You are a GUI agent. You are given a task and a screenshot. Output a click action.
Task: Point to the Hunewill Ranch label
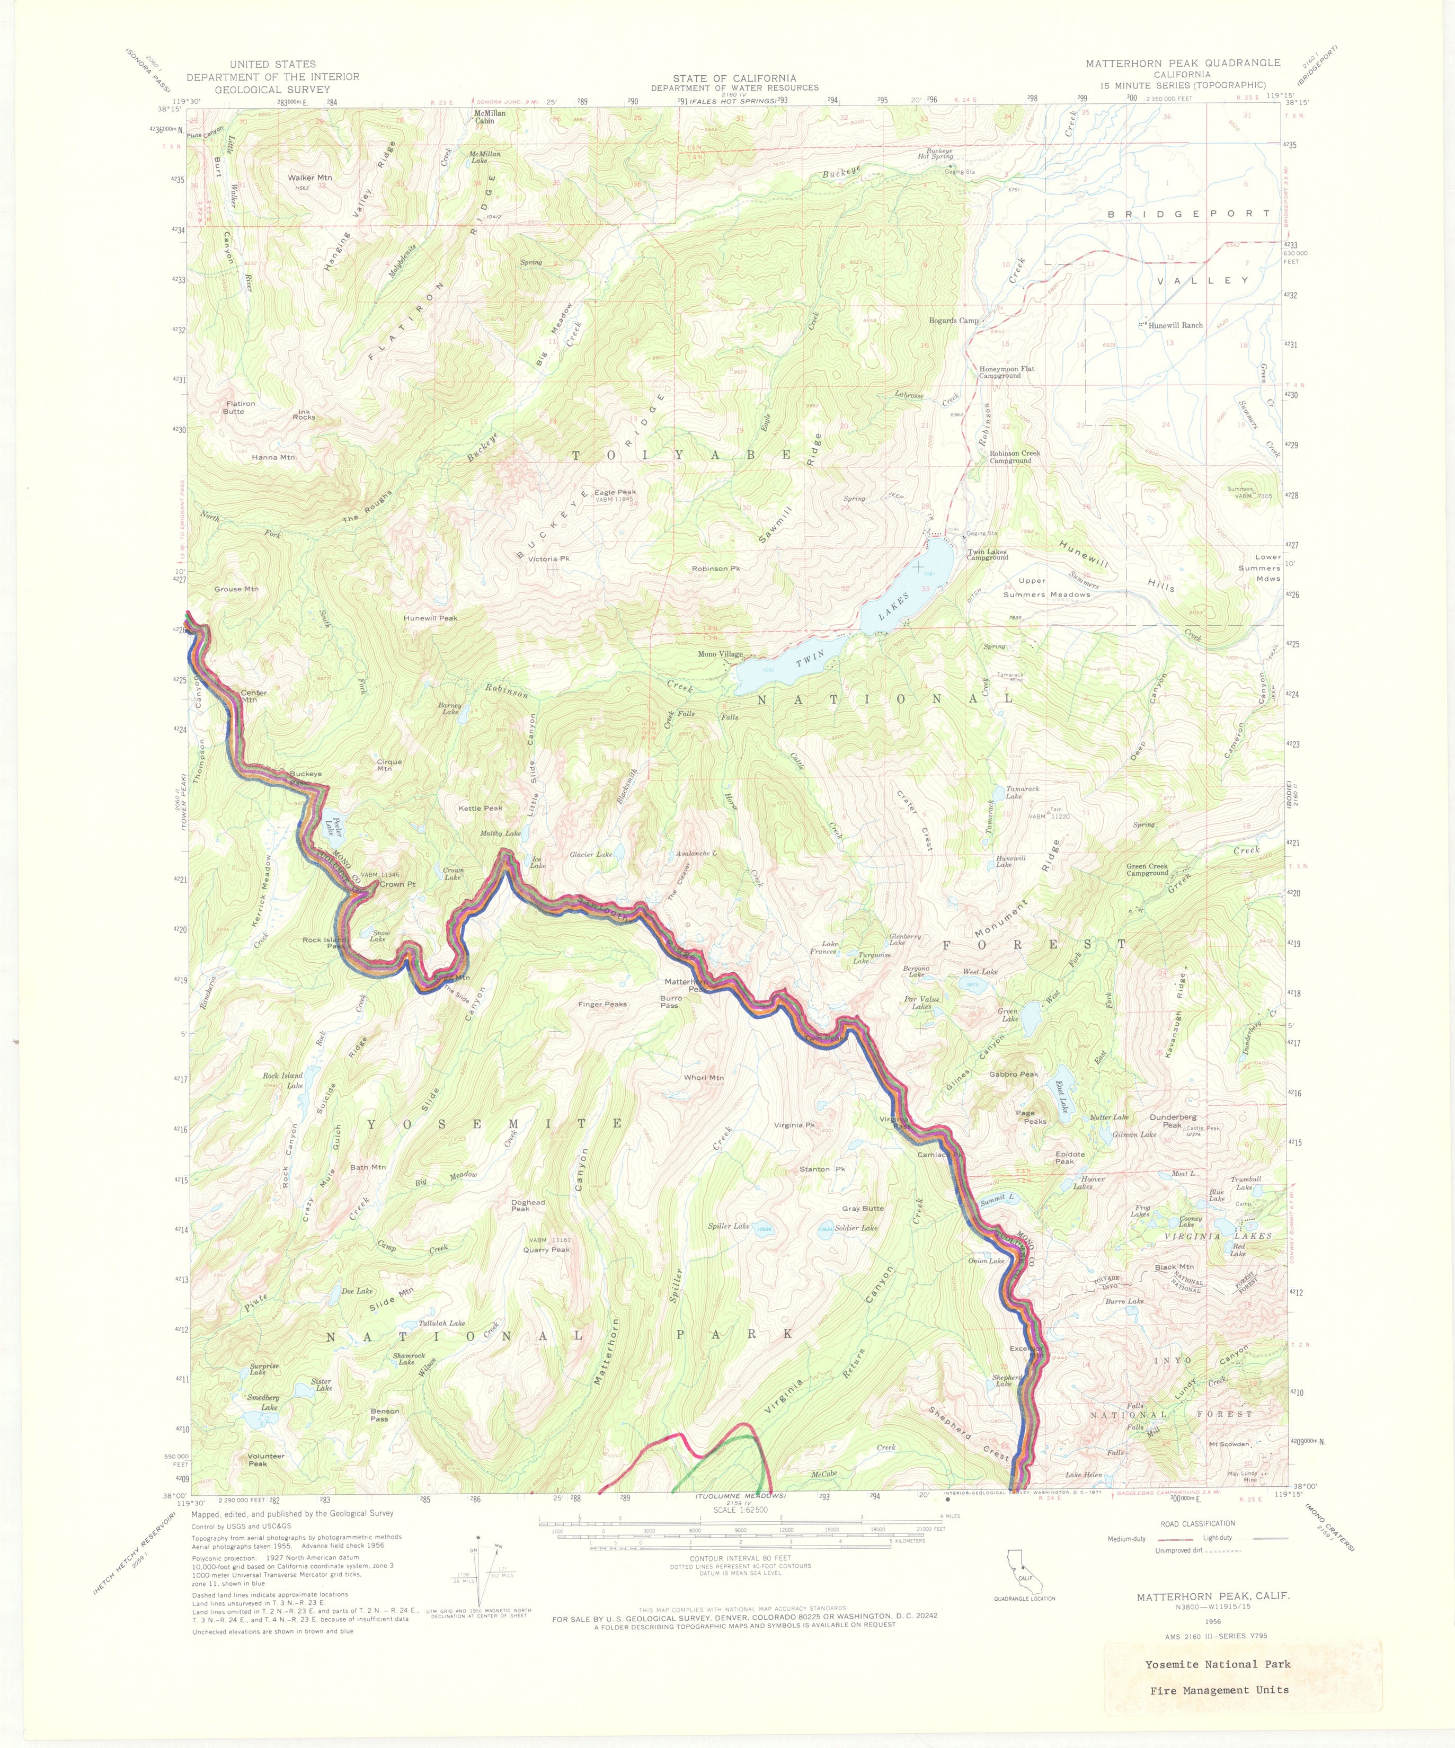click(x=1175, y=325)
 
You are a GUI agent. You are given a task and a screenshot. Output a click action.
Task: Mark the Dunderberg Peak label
click(x=1172, y=1121)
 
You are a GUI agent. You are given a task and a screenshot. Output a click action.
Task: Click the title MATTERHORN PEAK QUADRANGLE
click(x=1182, y=63)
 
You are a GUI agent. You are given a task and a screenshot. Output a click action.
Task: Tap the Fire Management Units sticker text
click(x=1219, y=1690)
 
